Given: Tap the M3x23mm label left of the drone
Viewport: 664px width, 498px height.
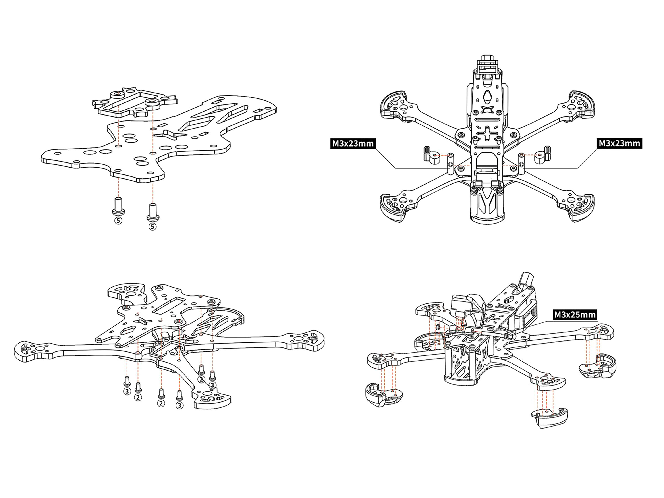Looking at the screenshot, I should [353, 143].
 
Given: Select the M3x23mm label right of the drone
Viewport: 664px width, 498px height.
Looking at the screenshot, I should [619, 143].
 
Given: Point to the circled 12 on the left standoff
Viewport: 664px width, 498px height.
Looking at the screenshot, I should [450, 164].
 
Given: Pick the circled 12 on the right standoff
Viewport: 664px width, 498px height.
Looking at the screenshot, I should [521, 164].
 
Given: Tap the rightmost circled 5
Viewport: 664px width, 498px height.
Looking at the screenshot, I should [152, 226].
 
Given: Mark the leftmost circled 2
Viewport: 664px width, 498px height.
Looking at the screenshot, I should [138, 397].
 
